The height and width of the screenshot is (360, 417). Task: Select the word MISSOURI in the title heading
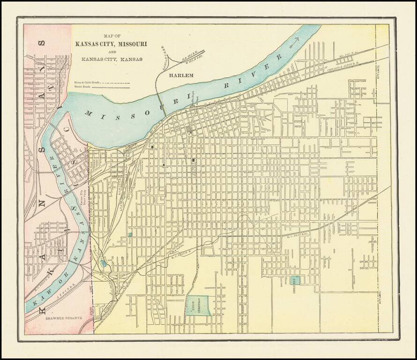[x=131, y=44]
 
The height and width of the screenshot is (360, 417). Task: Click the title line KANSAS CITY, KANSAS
[x=112, y=60]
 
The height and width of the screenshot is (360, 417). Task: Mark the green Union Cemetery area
[x=199, y=305]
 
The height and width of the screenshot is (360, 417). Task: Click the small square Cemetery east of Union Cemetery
[x=297, y=280]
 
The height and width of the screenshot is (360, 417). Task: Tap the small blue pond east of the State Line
[x=103, y=263]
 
